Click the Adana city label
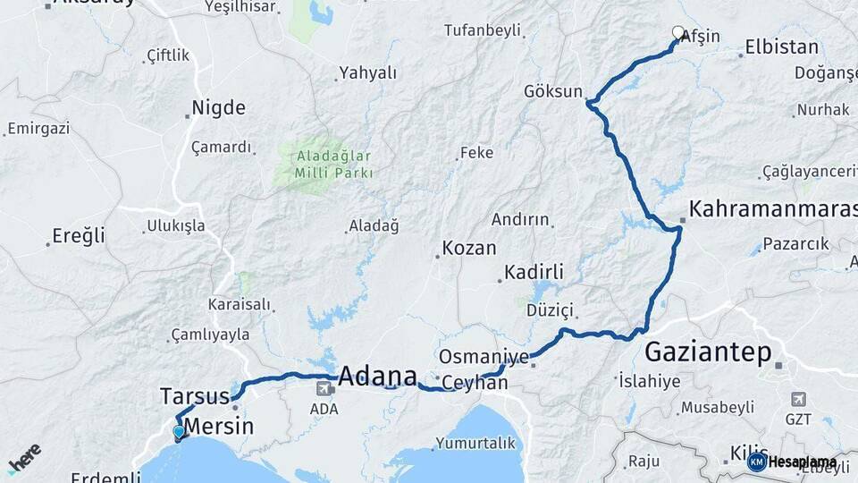point(378,374)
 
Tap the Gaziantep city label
point(707,352)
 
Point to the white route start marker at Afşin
point(677,33)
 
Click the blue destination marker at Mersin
point(179,433)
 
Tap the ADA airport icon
point(323,388)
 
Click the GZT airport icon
point(798,399)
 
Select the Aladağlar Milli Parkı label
point(323,163)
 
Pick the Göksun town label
point(553,91)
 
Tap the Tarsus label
point(190,395)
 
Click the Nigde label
point(218,108)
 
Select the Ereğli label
point(78,236)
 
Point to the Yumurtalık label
point(475,442)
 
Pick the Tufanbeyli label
point(483,30)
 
